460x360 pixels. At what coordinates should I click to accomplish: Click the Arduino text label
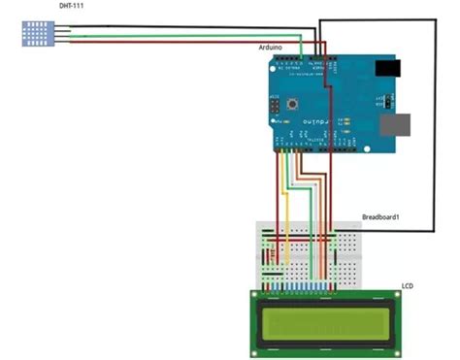(x=271, y=47)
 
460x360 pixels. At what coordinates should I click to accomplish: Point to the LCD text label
(x=408, y=286)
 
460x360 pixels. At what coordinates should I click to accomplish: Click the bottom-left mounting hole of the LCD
(x=257, y=349)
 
